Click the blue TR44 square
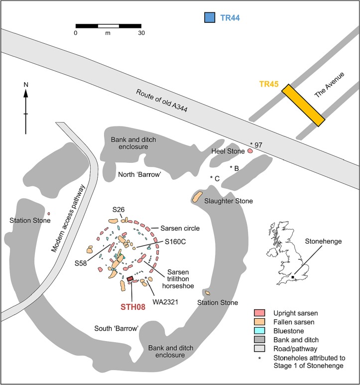tap(210, 17)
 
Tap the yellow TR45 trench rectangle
tap(303, 105)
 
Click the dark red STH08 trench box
tap(130, 278)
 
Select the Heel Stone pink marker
tap(250, 151)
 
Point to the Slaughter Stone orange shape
tap(197, 197)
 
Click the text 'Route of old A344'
tap(162, 101)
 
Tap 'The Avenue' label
tap(329, 85)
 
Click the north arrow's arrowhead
tap(26, 93)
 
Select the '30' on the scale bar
tap(141, 33)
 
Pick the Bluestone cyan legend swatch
tap(259, 331)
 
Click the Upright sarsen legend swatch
tap(259, 313)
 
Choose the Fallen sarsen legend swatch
tap(259, 322)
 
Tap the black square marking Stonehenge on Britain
tap(292, 277)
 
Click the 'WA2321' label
tap(165, 302)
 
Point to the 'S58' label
tap(81, 263)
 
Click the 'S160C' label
tap(175, 242)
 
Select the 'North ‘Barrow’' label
tap(139, 175)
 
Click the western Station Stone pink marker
tap(49, 214)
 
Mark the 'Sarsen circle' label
tap(180, 228)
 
